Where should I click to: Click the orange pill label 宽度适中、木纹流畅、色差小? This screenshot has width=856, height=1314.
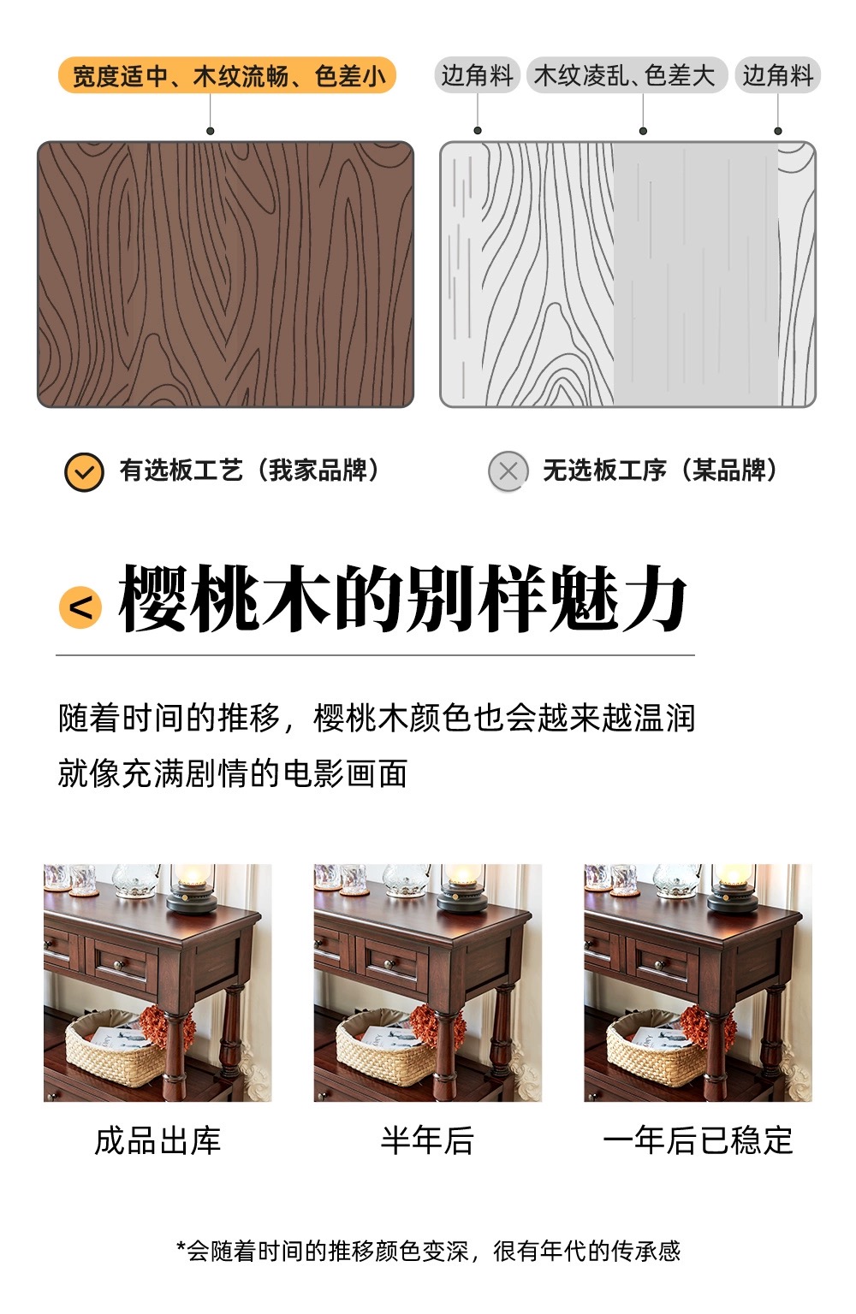click(x=227, y=75)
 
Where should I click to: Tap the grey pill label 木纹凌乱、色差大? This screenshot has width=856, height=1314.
click(x=627, y=75)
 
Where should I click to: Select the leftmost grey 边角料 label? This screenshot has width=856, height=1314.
click(x=478, y=75)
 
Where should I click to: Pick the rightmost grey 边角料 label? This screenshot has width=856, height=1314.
click(x=778, y=75)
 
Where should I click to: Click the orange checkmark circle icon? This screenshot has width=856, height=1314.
click(x=84, y=472)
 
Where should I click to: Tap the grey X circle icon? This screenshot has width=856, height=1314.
click(x=508, y=471)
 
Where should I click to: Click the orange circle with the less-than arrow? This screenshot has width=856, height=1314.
click(x=80, y=607)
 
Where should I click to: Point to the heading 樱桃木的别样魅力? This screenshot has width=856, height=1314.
click(x=402, y=599)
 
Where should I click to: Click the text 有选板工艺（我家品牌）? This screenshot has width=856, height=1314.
click(x=249, y=471)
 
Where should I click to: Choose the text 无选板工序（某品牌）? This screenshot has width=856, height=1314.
click(x=661, y=471)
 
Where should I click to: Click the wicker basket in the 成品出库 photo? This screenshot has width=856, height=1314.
click(x=115, y=1048)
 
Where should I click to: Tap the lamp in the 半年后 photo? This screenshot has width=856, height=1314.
click(x=463, y=887)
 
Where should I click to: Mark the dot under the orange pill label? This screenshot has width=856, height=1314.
click(x=211, y=131)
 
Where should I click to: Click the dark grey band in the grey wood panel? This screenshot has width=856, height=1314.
click(x=696, y=275)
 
